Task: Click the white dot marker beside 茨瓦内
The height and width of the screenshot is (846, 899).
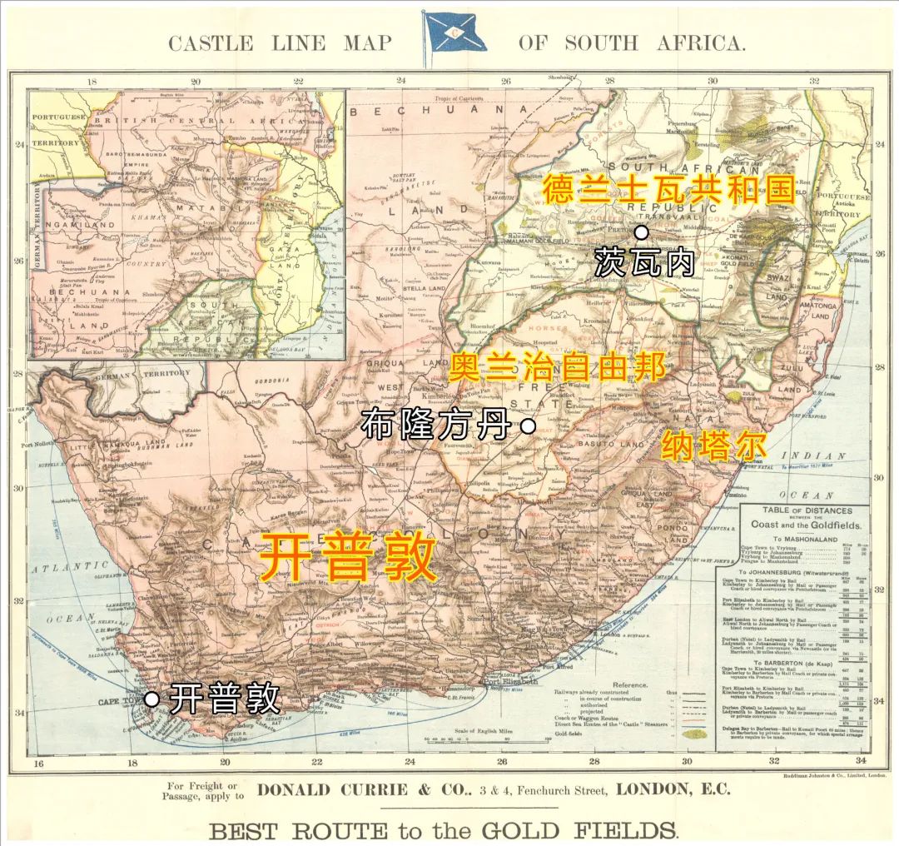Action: (x=642, y=233)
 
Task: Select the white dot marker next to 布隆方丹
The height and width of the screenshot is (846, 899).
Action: (x=527, y=426)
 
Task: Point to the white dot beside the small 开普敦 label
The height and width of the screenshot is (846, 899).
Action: (x=151, y=699)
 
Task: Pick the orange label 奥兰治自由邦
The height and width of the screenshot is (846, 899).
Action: (x=558, y=366)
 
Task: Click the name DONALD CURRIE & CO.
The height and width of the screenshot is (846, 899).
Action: (x=349, y=789)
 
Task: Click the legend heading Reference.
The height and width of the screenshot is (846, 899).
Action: (x=630, y=685)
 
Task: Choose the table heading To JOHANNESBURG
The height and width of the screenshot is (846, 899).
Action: (x=787, y=572)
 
